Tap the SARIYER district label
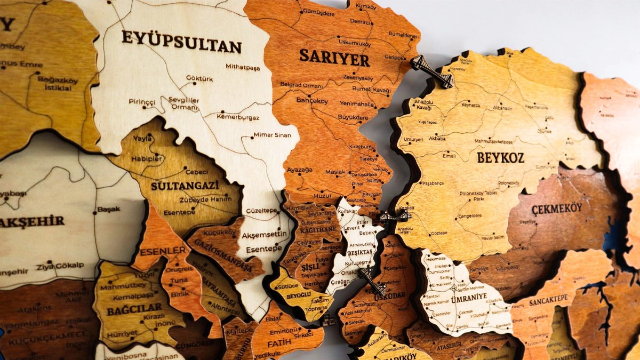(x=334, y=57)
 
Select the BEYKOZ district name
(x=500, y=157)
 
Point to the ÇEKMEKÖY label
(x=556, y=208)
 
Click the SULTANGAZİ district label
(x=185, y=186)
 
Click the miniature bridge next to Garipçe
(x=431, y=71)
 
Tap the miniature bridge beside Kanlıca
(x=395, y=216)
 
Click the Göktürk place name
(x=199, y=78)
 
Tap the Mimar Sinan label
(x=272, y=135)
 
